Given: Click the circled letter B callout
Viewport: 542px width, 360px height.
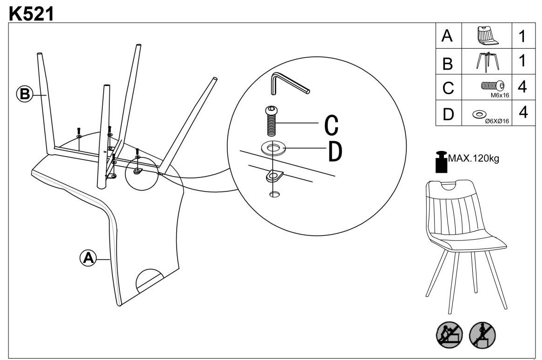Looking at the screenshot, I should click(x=24, y=94).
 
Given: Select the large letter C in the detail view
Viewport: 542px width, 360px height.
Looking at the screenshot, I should click(x=331, y=124).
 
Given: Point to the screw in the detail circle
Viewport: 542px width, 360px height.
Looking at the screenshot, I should click(x=270, y=120).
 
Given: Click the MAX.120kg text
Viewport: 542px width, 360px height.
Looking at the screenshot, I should click(x=473, y=158).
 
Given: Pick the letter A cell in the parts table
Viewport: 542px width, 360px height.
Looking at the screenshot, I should click(x=448, y=36).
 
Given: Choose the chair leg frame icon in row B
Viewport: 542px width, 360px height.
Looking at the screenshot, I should click(x=486, y=62).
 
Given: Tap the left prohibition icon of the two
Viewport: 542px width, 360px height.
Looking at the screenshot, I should click(x=449, y=334).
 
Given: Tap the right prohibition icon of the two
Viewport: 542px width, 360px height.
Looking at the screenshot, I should click(x=482, y=334).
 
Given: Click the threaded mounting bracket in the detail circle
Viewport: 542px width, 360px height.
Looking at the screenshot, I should click(x=274, y=177).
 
